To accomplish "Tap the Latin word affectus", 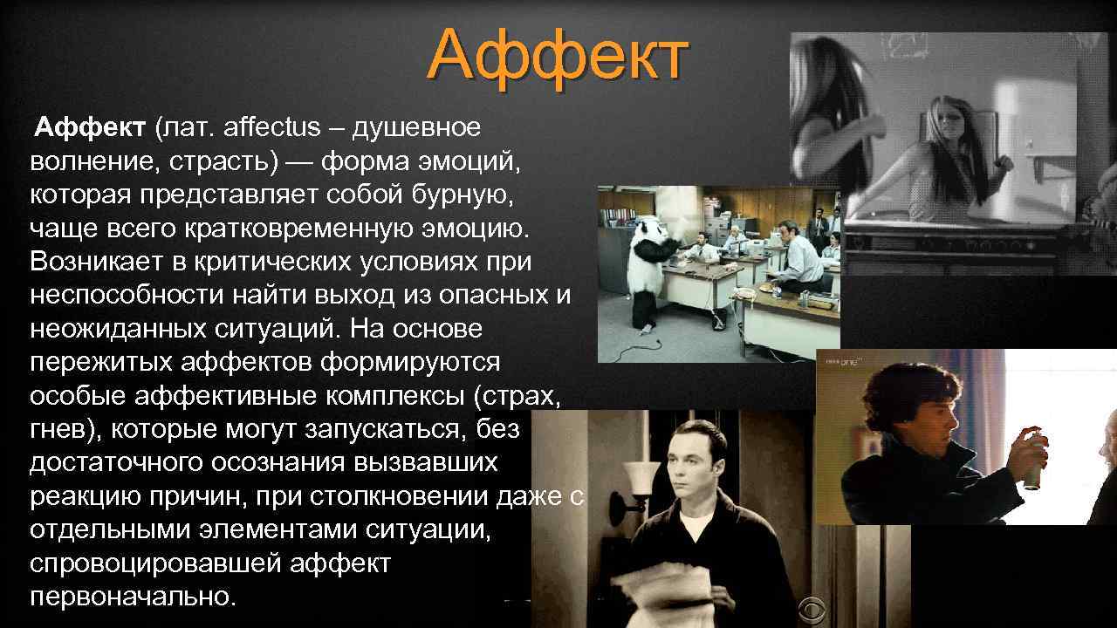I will pos(271,128).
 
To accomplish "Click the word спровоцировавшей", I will pos(152,564).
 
